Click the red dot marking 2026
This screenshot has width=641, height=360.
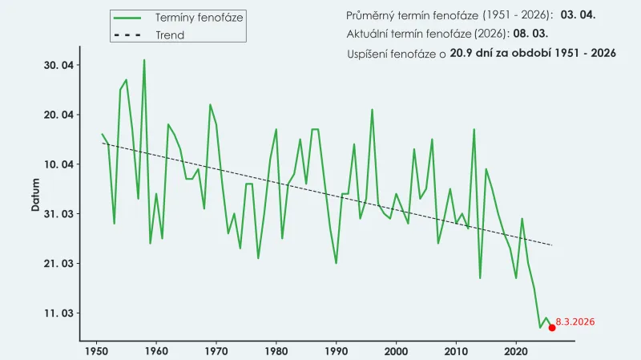tap(552, 327)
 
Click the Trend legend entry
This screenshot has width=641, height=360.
tap(169, 35)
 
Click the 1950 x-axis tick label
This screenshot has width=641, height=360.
tap(96, 350)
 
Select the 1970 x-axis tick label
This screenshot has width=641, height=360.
tap(216, 350)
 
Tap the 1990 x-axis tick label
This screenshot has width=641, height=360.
tap(336, 350)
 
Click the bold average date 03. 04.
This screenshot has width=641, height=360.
tap(578, 15)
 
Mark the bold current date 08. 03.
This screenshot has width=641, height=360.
tap(530, 34)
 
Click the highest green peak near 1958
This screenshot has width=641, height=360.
tap(144, 60)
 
